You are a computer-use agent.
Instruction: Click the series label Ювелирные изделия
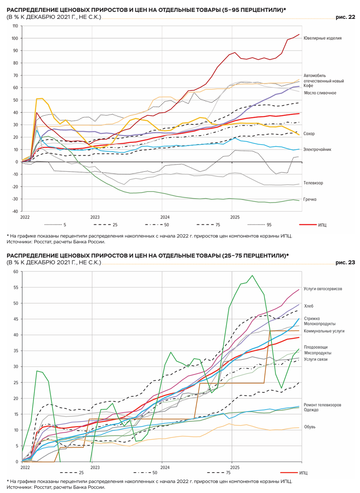tap(322, 38)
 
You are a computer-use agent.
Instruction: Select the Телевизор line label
tap(313, 182)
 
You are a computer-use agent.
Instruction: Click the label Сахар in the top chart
tap(309, 134)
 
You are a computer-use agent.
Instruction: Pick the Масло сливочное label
tap(320, 93)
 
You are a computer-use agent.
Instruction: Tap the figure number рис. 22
tap(344, 17)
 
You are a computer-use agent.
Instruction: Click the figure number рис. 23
tap(344, 263)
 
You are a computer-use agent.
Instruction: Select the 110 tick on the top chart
tap(15, 26)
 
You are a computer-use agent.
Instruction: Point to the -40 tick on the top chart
tap(15, 211)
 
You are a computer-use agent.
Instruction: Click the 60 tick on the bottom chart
tap(16, 272)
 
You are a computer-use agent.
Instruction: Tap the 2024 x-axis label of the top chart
tap(165, 217)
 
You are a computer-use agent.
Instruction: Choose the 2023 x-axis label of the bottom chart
tap(95, 467)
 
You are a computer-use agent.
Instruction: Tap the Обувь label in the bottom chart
tap(310, 427)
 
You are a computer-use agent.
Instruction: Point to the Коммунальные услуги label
tap(324, 331)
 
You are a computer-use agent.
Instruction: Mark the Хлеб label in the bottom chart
tap(308, 306)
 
